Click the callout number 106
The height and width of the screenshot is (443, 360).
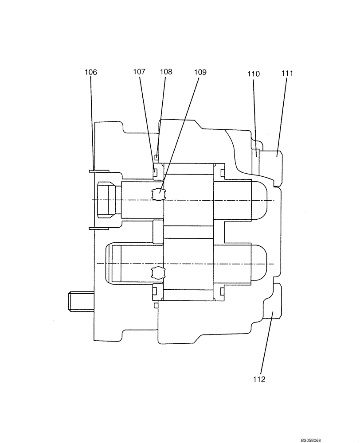coord(90,72)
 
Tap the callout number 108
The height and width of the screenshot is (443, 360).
coord(166,71)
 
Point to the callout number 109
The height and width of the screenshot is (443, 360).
coord(200,72)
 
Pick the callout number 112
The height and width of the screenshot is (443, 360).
coord(259,379)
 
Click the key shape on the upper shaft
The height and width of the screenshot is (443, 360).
coord(158,194)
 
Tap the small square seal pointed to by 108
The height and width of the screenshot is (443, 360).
coord(157,157)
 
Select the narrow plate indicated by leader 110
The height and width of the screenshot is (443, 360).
coord(256,161)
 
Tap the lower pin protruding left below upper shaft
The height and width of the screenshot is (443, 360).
coord(98,229)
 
